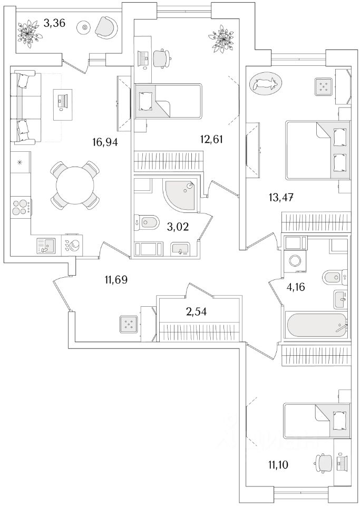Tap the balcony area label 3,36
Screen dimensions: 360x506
[55, 23]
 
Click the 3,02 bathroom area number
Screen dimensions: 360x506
[178, 227]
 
